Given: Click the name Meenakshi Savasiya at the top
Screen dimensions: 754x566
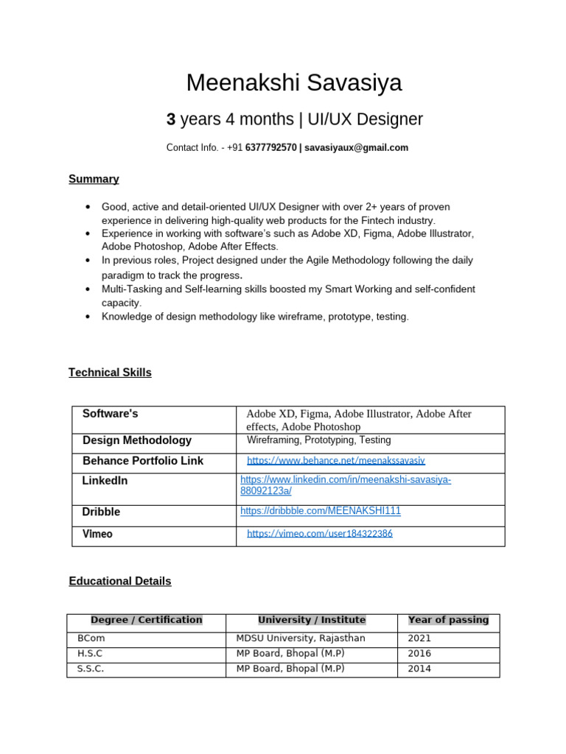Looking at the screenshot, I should pos(294,83).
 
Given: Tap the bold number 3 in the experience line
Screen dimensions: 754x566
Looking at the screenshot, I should pos(170,119).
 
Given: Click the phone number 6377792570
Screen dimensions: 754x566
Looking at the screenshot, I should pos(270,148).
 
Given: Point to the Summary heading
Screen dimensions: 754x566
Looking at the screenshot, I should pos(94,179).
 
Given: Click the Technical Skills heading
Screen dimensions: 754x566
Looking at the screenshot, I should pos(110,373).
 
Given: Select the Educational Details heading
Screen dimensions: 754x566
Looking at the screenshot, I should pos(119,581).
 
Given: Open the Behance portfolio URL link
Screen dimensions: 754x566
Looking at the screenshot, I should pos(335,460).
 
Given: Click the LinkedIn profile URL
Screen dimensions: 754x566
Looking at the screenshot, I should pos(346,485).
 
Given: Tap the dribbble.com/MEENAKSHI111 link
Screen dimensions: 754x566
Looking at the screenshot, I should pos(321,510).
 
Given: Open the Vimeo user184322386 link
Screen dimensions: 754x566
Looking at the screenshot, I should pos(319,533).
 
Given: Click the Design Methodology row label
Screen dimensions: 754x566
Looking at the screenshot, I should pos(137,440).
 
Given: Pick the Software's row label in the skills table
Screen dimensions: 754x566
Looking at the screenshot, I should pos(111,414).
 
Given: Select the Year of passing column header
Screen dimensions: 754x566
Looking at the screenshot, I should pos(448,620).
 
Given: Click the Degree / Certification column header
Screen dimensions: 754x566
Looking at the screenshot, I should pos(146,620).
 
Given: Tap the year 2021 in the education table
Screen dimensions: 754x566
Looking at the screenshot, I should pos(419,638).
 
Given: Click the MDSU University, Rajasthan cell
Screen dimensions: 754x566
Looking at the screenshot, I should pos(300,638).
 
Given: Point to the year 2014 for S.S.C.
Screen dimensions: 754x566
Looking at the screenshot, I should pos(419,669).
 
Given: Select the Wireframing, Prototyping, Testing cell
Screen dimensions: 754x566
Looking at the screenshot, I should pos(318,440).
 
